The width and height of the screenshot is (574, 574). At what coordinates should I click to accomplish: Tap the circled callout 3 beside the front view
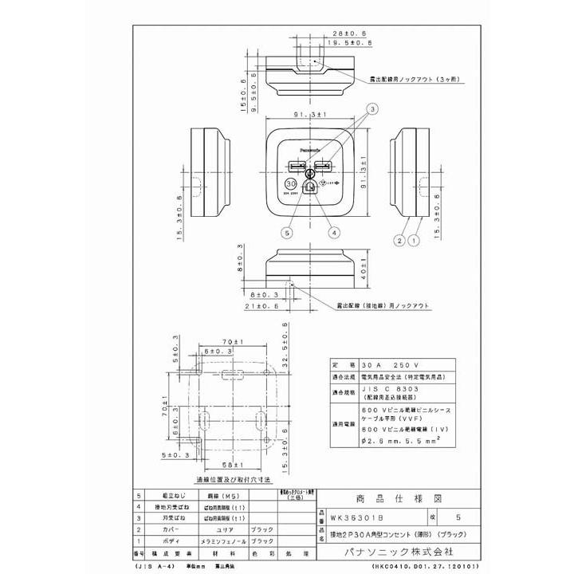tap(372, 108)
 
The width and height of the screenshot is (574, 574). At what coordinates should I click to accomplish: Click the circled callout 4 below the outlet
tap(333, 233)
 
